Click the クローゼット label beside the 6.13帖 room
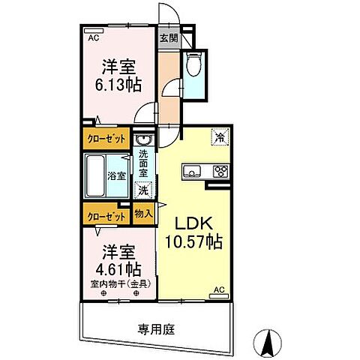coord(106,139)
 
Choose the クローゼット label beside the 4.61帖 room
coord(106,215)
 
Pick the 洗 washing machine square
coord(142,190)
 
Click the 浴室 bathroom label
coord(116,177)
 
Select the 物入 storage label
coord(143,214)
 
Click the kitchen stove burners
coord(220,171)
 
